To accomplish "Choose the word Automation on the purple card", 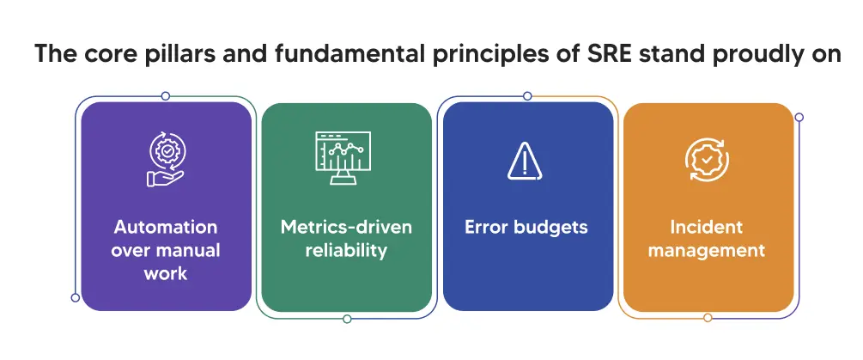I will point(166,228).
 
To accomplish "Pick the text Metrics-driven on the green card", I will point(346,228).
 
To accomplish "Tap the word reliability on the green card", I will point(346,251).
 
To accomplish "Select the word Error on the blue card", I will point(486,228).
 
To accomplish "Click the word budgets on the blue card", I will point(549,228).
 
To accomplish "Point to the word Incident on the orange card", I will point(707,228).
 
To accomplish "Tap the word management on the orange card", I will point(707,251).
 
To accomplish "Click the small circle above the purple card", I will point(166,96).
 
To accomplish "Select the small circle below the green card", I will point(347,319).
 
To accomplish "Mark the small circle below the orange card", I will point(707,318).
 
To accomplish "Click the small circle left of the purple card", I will point(76,297).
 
